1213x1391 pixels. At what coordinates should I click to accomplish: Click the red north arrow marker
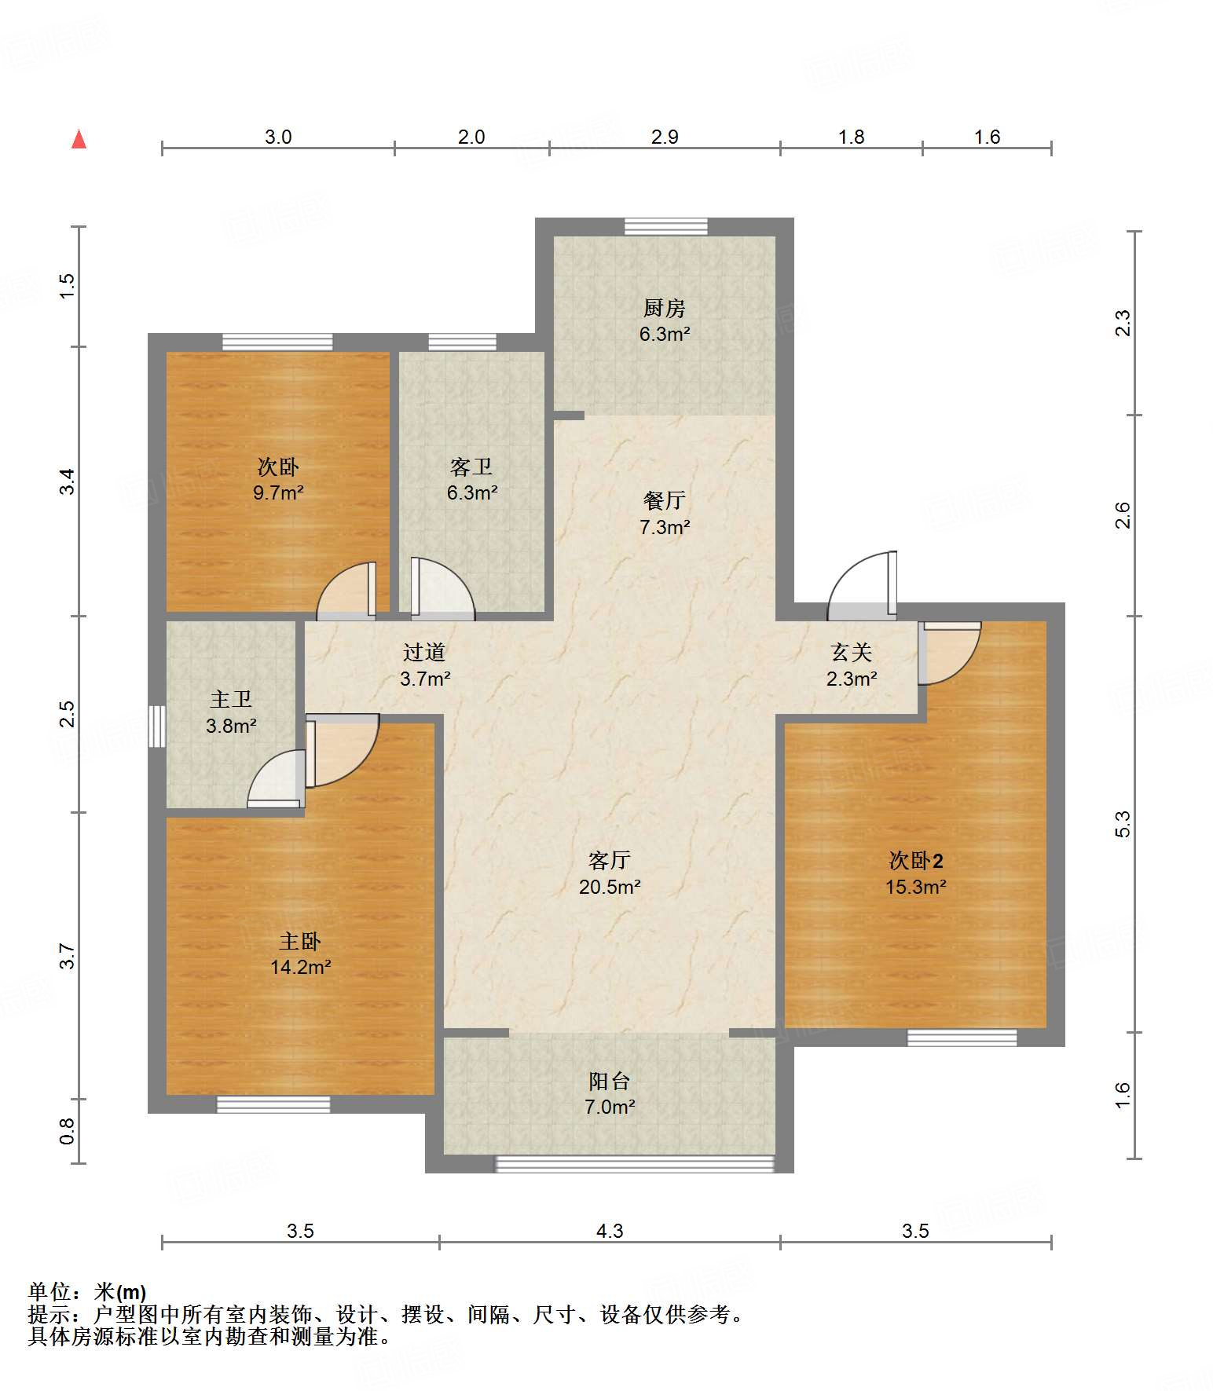click(x=79, y=139)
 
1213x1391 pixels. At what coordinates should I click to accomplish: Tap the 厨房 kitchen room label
click(x=665, y=308)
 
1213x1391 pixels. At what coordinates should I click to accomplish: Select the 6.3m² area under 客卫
click(x=472, y=493)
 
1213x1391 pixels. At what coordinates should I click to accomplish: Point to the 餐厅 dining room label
click(x=665, y=500)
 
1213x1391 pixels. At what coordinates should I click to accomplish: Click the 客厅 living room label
click(x=610, y=861)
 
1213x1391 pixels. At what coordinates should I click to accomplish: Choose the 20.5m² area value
click(x=610, y=888)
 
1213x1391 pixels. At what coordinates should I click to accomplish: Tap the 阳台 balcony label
click(x=610, y=1082)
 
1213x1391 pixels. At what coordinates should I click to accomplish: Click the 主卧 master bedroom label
click(x=300, y=941)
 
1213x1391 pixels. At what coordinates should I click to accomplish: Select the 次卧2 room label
click(x=916, y=861)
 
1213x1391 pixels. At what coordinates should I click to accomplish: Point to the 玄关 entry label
click(x=852, y=652)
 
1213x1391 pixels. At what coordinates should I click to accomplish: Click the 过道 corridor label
click(x=424, y=652)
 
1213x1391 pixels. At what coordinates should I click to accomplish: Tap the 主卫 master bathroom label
click(x=231, y=699)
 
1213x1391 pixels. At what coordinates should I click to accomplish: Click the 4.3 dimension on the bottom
click(x=610, y=1231)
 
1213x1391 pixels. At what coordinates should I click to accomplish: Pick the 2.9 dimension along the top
click(x=665, y=137)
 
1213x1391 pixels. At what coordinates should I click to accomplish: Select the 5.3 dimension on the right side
click(x=1123, y=824)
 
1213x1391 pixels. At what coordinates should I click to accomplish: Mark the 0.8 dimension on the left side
click(x=68, y=1131)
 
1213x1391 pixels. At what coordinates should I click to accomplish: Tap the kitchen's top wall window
click(x=666, y=227)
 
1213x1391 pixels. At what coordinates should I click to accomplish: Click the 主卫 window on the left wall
click(x=157, y=726)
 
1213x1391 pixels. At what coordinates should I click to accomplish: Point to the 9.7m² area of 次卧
click(x=278, y=493)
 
